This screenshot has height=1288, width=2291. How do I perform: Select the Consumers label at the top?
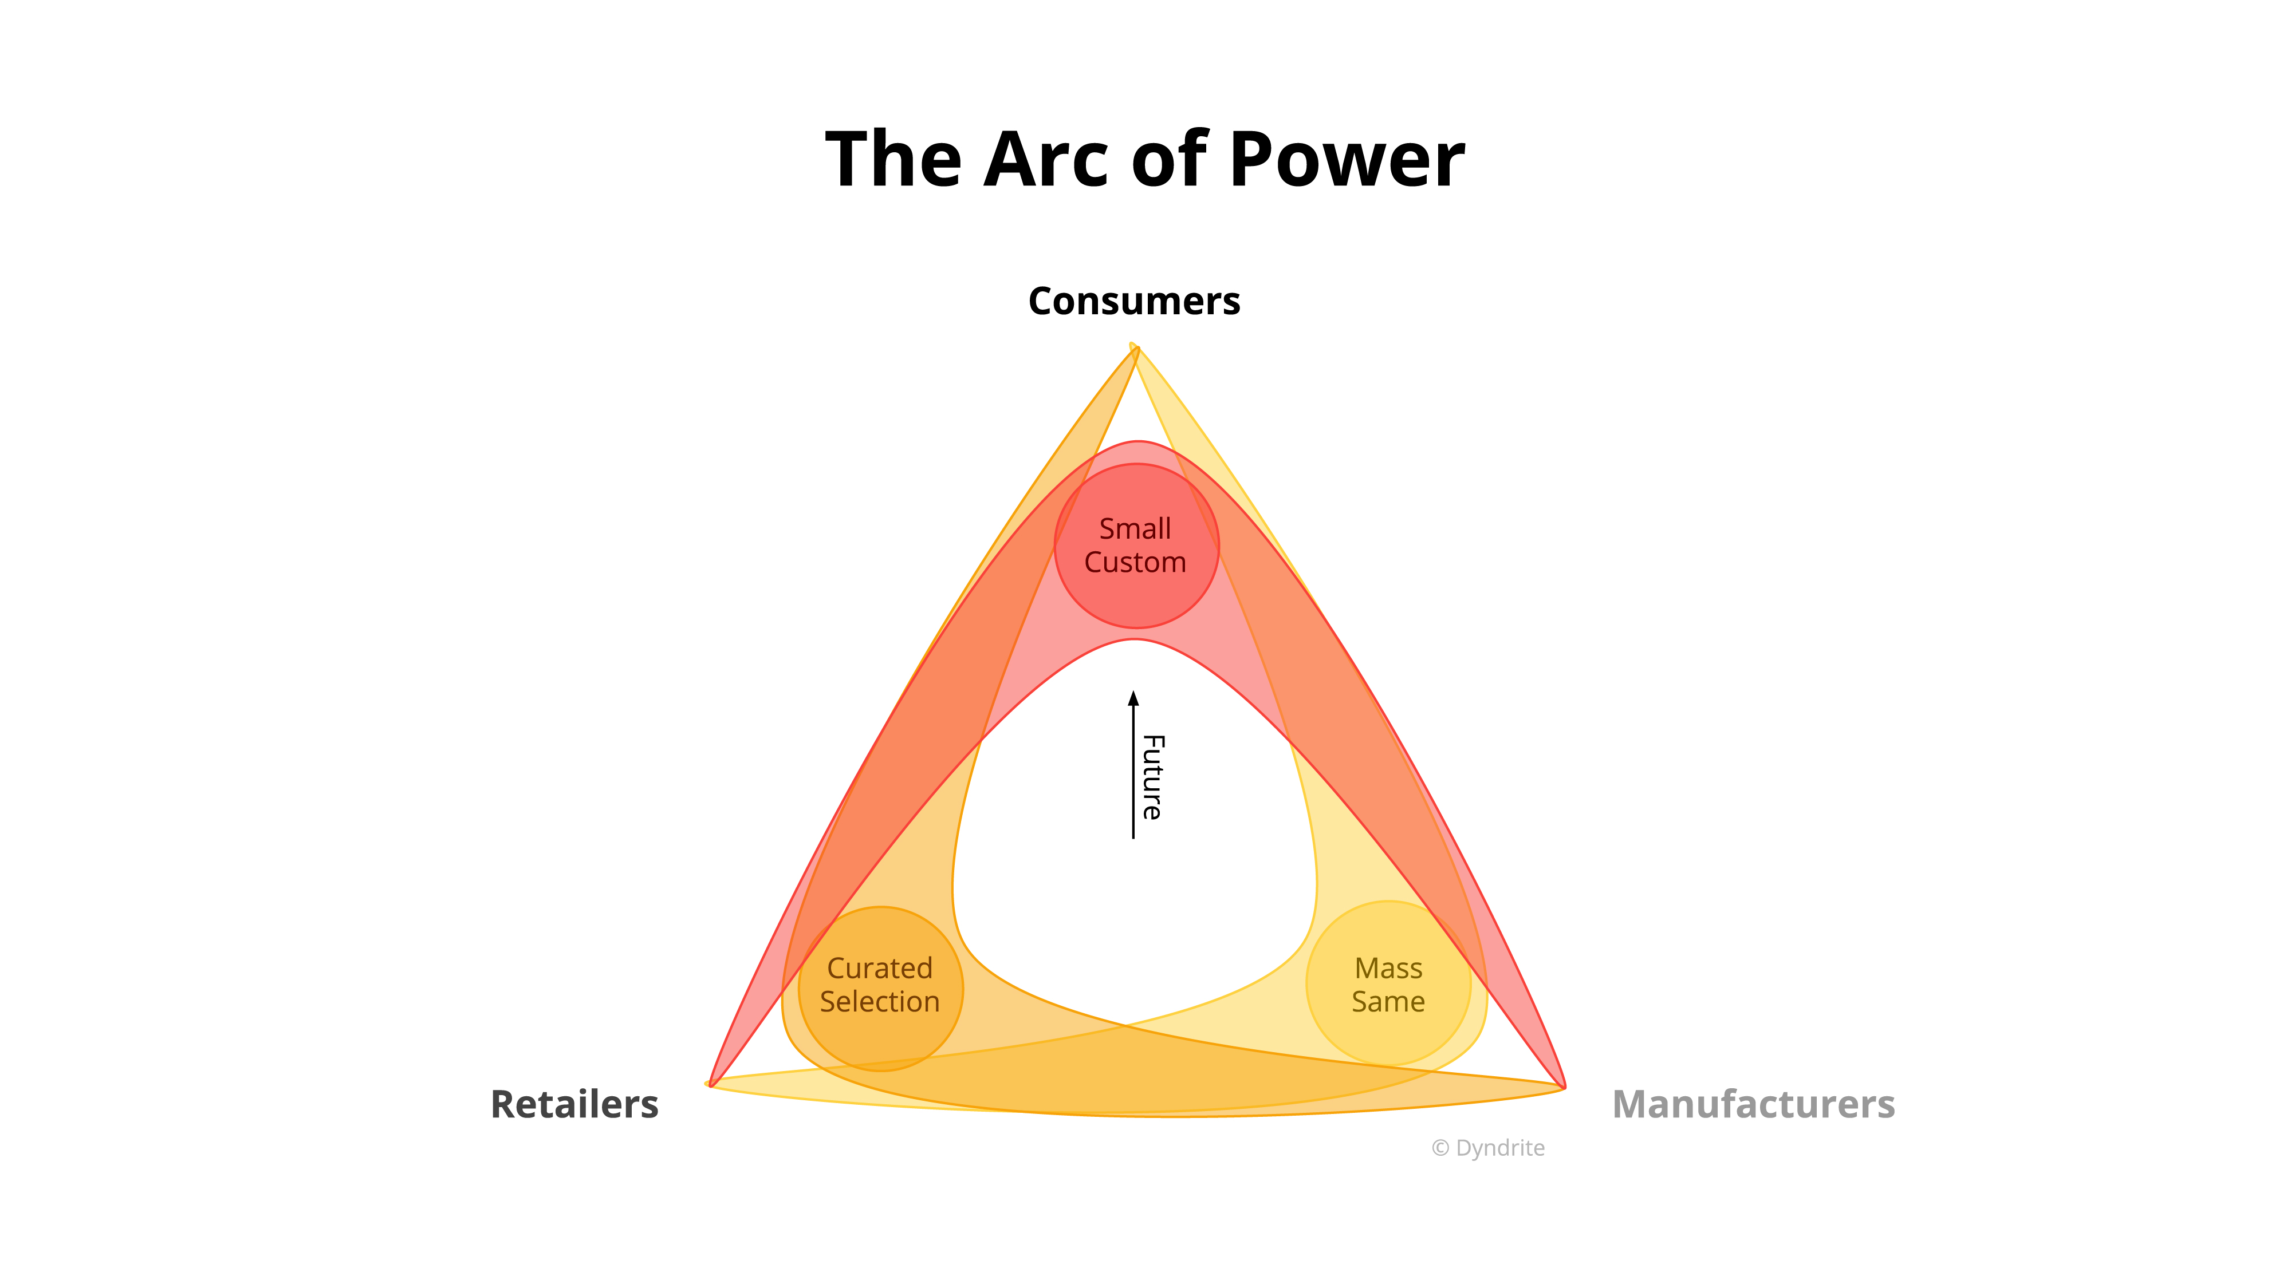click(1134, 301)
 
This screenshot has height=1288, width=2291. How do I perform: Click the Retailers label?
click(574, 1105)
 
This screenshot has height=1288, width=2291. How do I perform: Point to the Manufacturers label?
click(1753, 1105)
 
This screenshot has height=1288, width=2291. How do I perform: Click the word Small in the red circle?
click(1135, 529)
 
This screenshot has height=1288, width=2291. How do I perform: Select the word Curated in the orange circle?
click(880, 968)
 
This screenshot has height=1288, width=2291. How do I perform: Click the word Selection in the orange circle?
click(880, 1002)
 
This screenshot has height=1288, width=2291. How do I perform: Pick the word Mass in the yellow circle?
click(1388, 968)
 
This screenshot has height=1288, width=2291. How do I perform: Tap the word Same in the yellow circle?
click(1388, 1002)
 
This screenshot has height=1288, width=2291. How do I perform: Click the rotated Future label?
click(1152, 777)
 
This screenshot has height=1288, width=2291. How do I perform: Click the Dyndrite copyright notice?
click(1488, 1148)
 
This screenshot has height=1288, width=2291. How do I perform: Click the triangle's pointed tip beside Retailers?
click(709, 1084)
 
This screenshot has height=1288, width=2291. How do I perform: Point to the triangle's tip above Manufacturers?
click(1564, 1086)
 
